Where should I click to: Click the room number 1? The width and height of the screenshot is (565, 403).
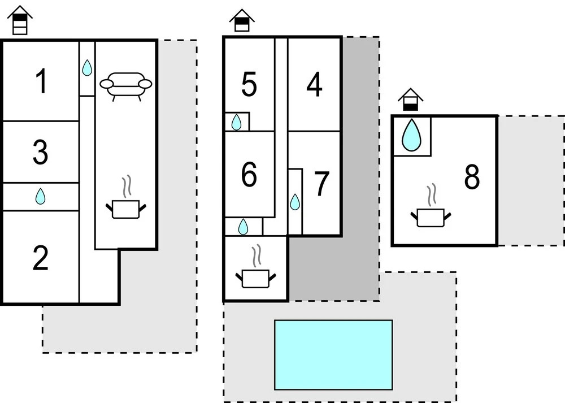coord(41,82)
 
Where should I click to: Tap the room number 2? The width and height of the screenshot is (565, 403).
coord(41,259)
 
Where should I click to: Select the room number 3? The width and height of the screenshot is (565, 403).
coord(40,153)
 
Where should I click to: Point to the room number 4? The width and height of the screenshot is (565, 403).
coord(315,85)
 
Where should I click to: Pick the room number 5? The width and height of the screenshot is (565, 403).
coord(249,85)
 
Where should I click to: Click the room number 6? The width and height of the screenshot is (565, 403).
coord(249,175)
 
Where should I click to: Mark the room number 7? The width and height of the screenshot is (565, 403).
coord(321,184)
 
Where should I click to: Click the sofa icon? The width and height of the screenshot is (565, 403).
coord(126,85)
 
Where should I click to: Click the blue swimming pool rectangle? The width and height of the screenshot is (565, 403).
coord(333,354)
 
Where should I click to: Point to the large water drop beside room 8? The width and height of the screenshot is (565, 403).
coord(411,135)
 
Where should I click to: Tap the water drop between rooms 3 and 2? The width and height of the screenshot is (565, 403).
coord(40,197)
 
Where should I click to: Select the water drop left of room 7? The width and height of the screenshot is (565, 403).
coord(295,202)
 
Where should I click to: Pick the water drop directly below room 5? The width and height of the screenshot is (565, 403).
coord(237,122)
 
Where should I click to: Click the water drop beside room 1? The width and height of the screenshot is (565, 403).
coord(86,68)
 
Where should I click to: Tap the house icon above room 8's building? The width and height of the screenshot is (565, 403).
coord(410,99)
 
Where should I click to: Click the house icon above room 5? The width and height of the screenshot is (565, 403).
coord(242,20)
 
